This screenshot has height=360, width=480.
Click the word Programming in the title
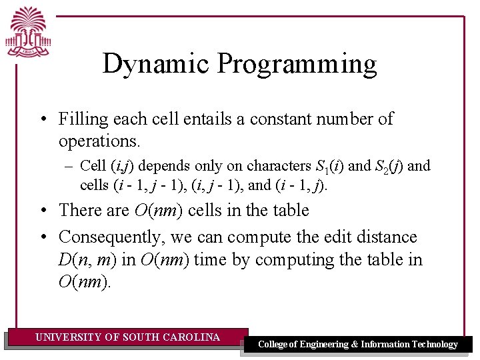(x=297, y=65)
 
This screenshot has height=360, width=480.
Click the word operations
(x=98, y=141)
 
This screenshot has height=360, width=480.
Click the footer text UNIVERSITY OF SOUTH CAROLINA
(x=127, y=337)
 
